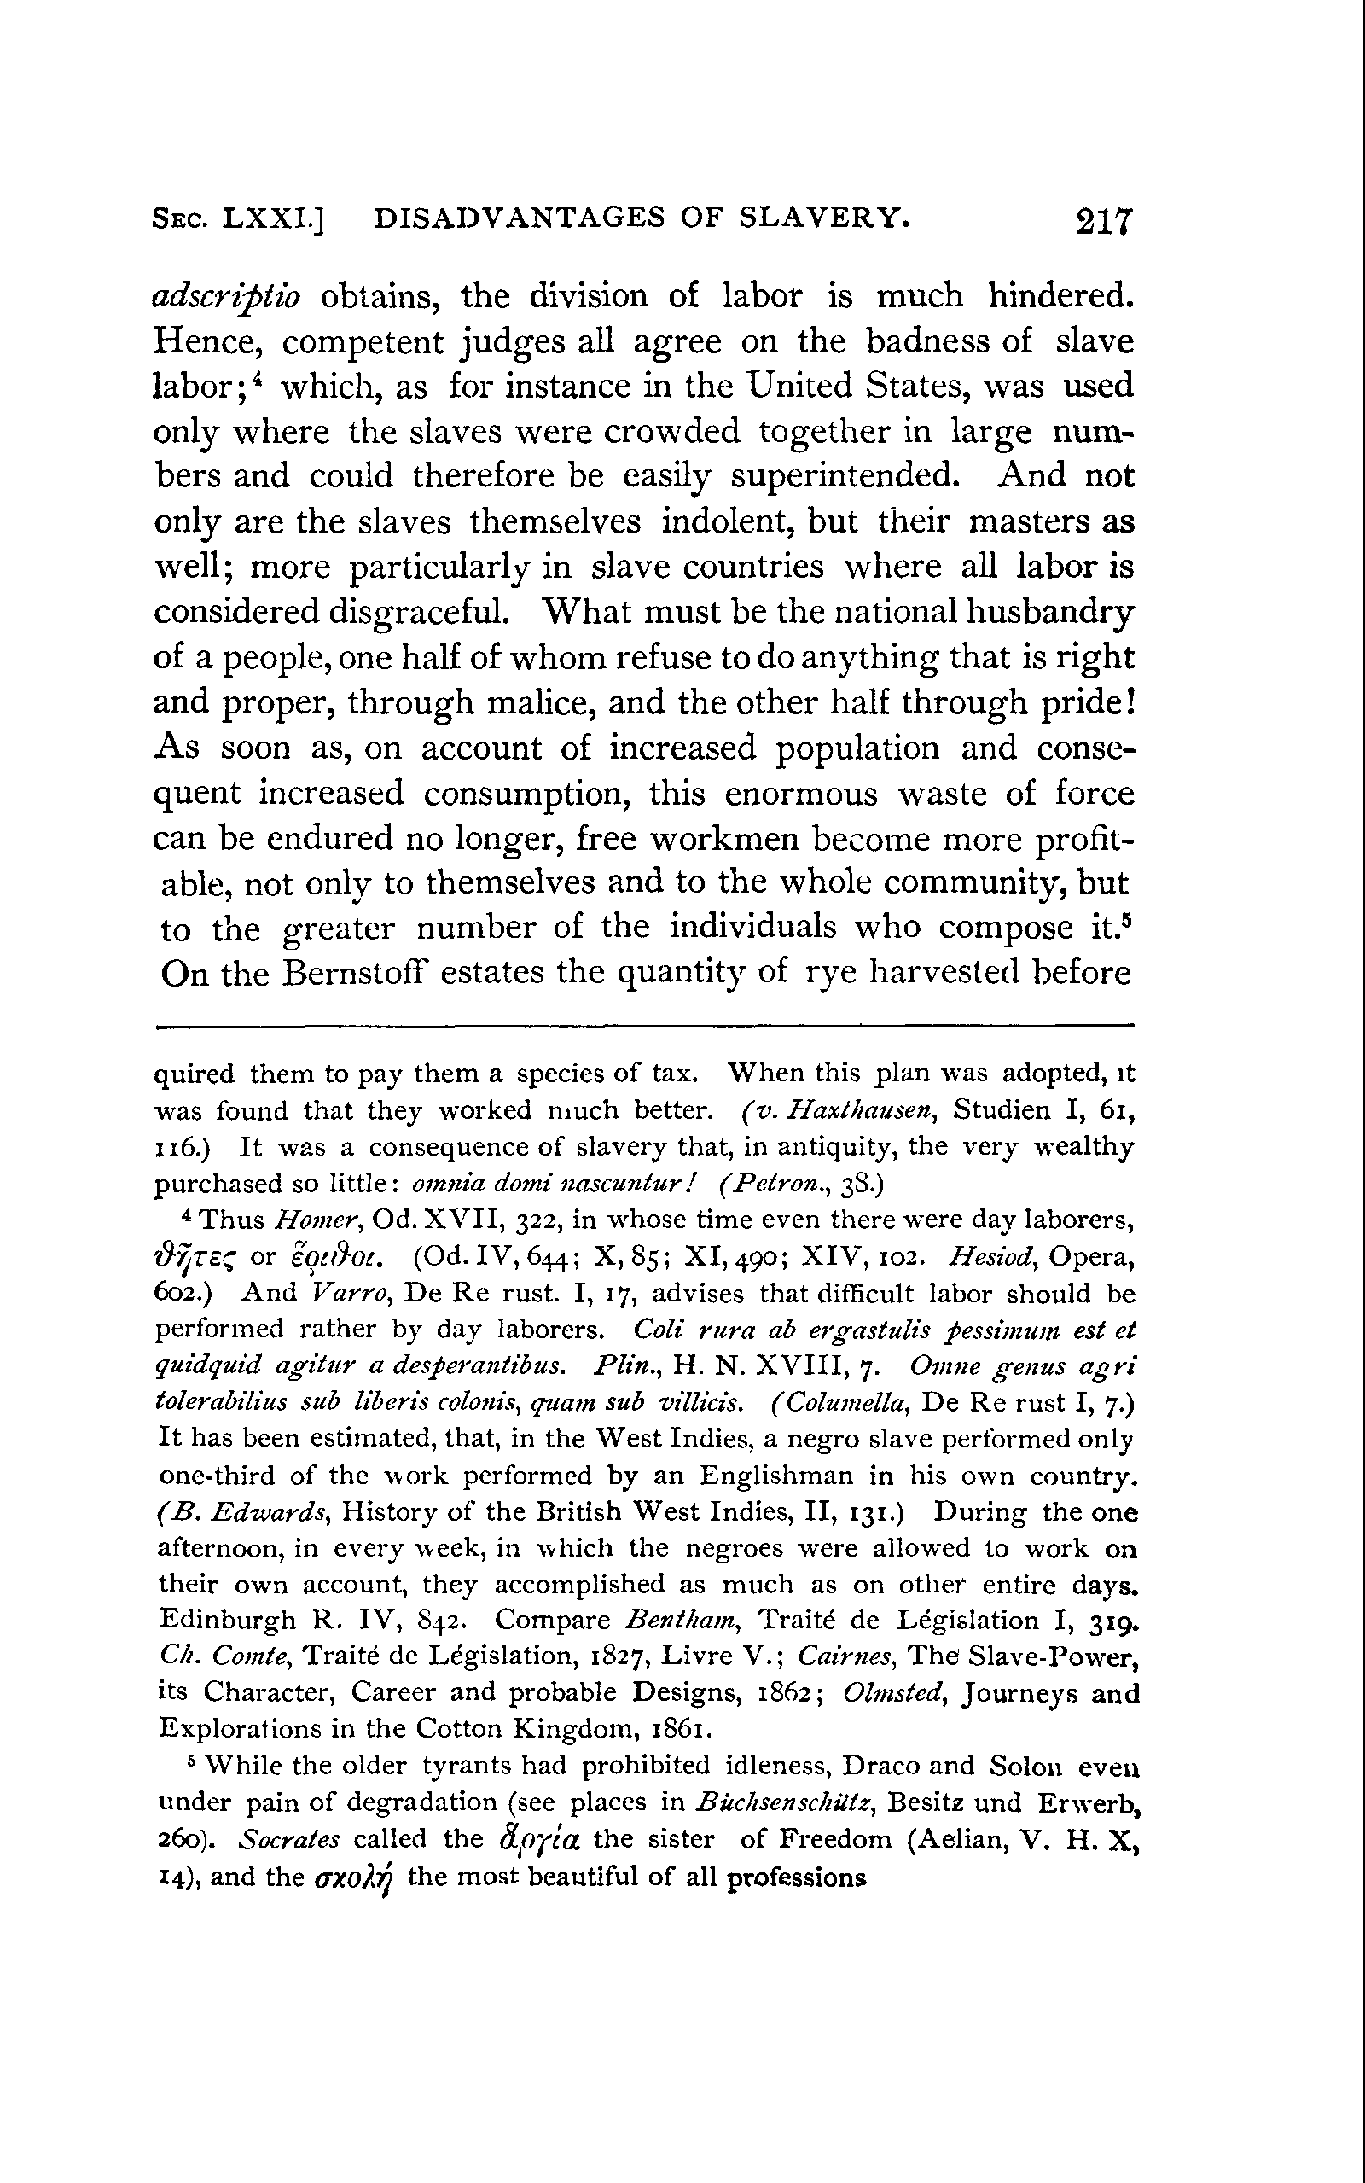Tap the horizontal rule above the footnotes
[643, 1025]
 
